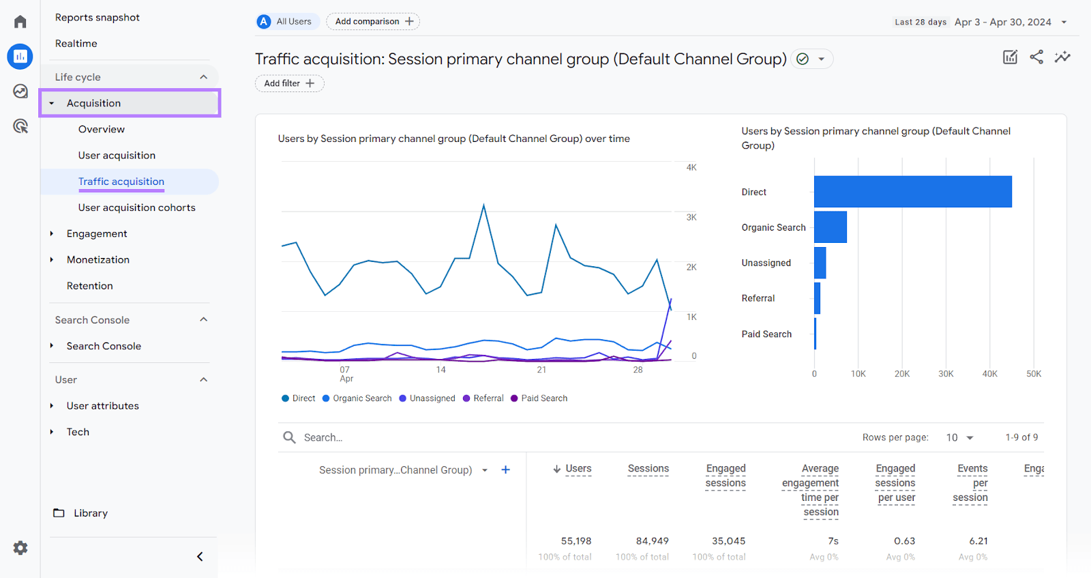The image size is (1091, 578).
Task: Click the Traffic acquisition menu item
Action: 121,182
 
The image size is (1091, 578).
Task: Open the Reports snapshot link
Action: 98,18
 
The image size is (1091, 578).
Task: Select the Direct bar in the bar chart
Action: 912,192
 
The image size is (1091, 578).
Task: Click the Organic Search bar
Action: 830,227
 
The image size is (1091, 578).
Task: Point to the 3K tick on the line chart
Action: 691,218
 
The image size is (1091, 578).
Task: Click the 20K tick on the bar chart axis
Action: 901,374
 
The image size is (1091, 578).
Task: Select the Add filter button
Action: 289,83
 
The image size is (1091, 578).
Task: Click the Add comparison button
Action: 373,22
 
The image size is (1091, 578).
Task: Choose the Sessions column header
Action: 648,469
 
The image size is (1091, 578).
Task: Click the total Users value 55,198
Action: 576,541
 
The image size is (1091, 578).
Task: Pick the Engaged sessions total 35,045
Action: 728,541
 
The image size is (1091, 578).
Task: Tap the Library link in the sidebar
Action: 90,513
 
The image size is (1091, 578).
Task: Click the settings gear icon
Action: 20,548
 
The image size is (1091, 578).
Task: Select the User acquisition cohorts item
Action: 136,207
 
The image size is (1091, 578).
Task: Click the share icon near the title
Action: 1036,57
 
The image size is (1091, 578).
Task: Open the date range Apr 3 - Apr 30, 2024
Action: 1002,22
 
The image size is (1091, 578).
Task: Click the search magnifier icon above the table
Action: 289,437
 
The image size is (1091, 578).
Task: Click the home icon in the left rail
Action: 20,22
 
